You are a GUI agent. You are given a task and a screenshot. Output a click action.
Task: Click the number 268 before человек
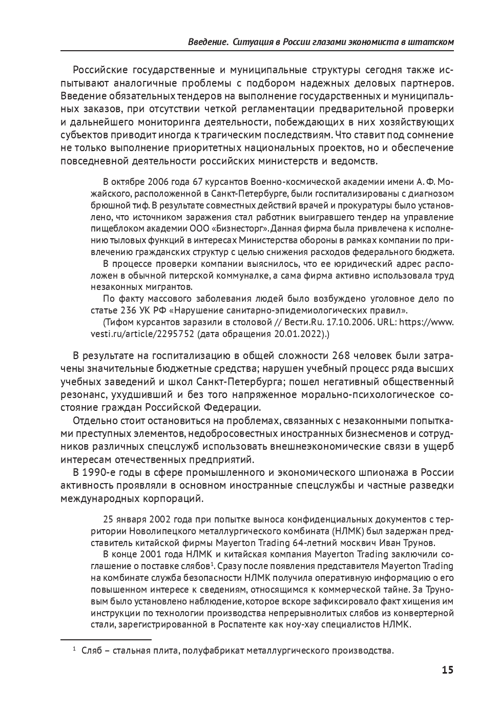point(343,356)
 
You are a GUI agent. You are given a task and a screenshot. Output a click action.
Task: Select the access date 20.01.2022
point(299,333)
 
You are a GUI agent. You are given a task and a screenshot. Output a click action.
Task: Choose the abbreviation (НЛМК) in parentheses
point(348,529)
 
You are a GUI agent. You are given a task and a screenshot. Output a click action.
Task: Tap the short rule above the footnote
point(106,639)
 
